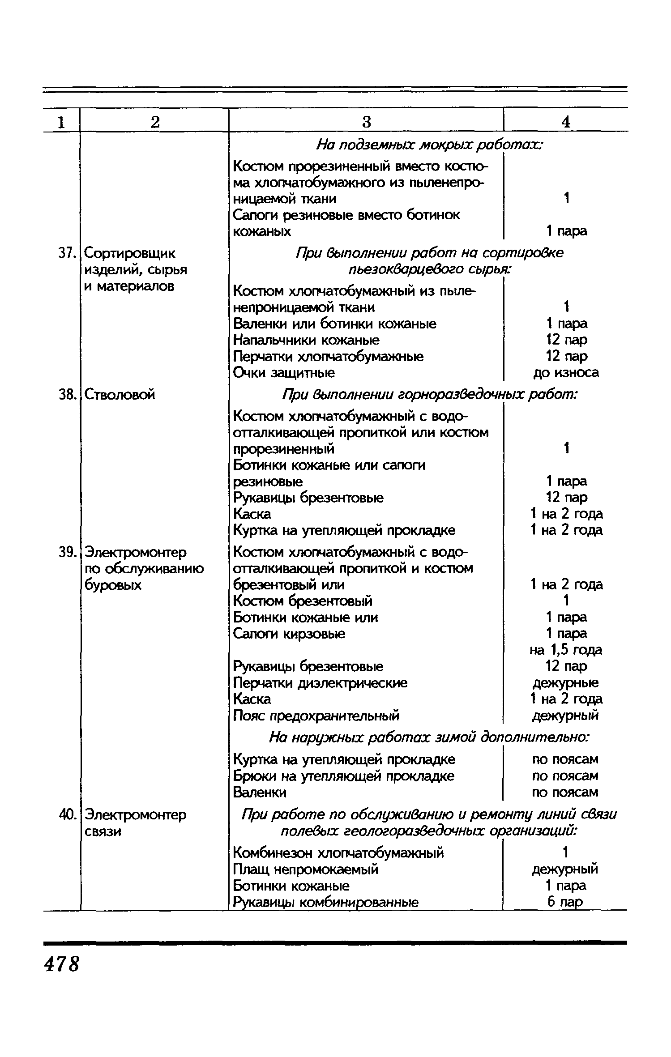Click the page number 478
[x=61, y=964]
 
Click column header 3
[x=366, y=122]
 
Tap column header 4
[x=566, y=122]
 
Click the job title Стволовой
[x=120, y=395]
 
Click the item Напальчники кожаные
[x=306, y=340]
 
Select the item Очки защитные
[x=284, y=373]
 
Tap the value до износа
[x=566, y=372]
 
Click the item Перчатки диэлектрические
[x=321, y=683]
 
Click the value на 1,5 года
[x=566, y=650]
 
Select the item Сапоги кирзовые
[x=289, y=634]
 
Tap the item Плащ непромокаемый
[x=306, y=869]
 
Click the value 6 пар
[x=565, y=902]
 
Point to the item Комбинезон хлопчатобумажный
[x=339, y=852]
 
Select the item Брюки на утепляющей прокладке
[x=344, y=776]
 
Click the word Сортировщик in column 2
[x=130, y=254]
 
